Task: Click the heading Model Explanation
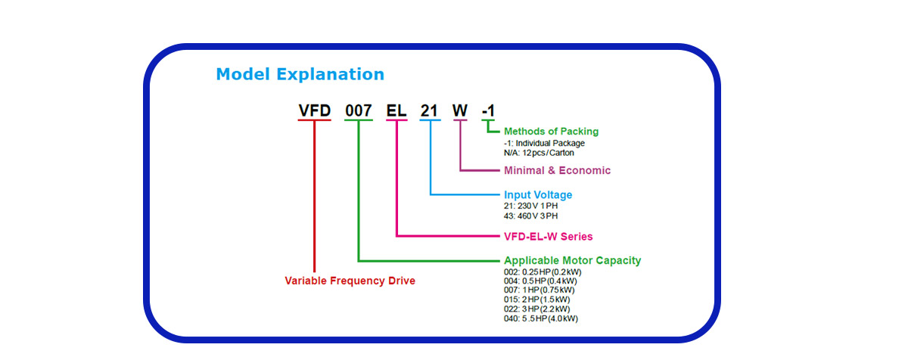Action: [300, 75]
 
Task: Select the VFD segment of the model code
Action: [315, 110]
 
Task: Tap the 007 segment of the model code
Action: [359, 110]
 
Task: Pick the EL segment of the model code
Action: [396, 110]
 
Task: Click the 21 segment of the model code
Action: [429, 110]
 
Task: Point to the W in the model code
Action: [460, 110]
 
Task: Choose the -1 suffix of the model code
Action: [489, 110]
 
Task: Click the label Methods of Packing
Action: [552, 131]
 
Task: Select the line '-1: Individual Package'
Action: [544, 144]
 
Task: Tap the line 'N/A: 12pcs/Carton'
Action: [539, 153]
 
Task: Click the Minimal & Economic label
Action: [558, 170]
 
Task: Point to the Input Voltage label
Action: [538, 195]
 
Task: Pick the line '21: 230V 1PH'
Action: [531, 206]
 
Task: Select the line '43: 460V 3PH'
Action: [531, 216]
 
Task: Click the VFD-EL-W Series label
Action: [548, 237]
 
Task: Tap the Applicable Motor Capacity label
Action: [572, 260]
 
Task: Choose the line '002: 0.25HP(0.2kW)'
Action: [543, 272]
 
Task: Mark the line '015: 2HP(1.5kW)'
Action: [537, 299]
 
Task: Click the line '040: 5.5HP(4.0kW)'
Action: [541, 318]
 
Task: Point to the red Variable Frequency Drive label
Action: [350, 281]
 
